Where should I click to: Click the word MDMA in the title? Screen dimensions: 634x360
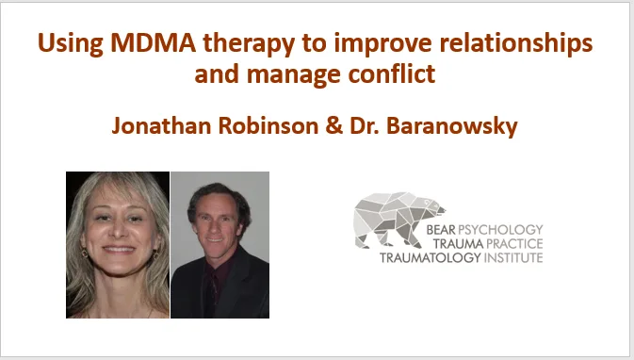(154, 42)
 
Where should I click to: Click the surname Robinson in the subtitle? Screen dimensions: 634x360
(268, 125)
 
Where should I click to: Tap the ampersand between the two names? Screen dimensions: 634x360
(334, 125)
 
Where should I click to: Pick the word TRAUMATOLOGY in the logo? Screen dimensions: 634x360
(431, 257)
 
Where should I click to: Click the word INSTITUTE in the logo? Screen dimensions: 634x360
(513, 257)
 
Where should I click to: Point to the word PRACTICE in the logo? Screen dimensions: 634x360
(514, 244)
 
